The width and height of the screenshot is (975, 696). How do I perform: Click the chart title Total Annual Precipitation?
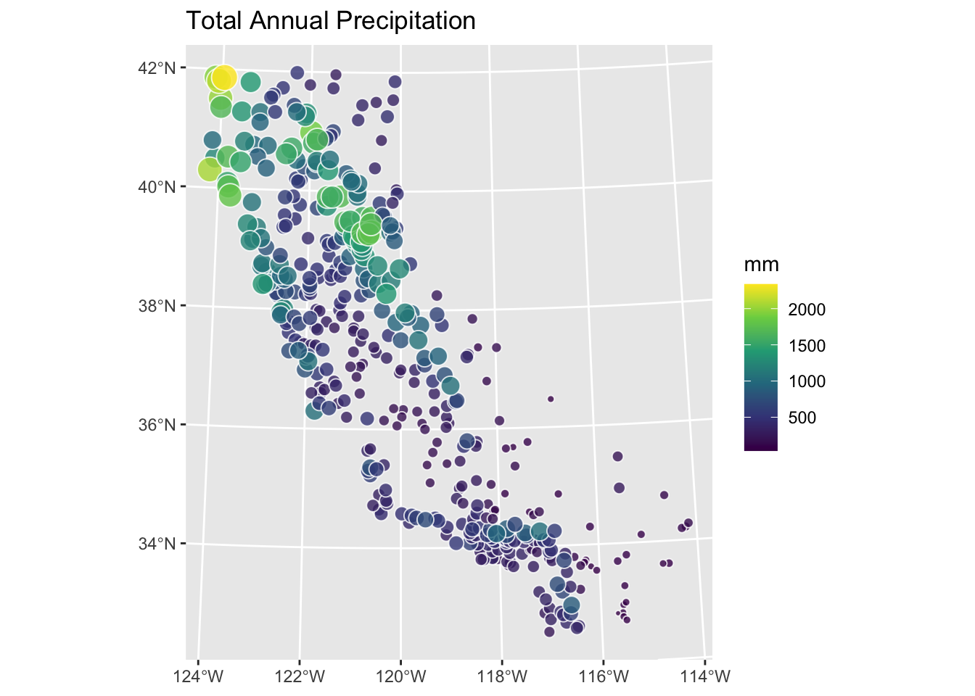[331, 21]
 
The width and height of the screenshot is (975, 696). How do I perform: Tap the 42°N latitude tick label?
[157, 68]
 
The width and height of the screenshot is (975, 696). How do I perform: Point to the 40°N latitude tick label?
[157, 187]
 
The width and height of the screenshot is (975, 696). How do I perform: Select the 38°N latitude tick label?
[157, 306]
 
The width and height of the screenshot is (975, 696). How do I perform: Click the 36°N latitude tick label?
[157, 425]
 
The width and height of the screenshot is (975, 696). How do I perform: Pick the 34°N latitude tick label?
[157, 544]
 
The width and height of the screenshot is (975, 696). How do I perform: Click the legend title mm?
[762, 265]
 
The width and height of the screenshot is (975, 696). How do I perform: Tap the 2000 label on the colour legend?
[807, 310]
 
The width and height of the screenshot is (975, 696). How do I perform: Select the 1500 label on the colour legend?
[807, 346]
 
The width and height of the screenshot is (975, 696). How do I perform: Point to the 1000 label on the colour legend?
[807, 381]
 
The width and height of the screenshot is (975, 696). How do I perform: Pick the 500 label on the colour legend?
[802, 418]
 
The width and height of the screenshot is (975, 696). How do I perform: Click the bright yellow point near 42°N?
[223, 75]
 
